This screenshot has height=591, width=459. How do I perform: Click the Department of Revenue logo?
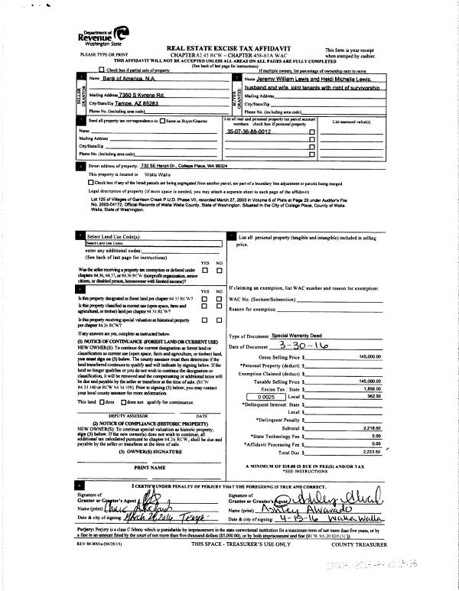[103, 36]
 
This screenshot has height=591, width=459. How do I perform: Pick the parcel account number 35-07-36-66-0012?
[249, 132]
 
